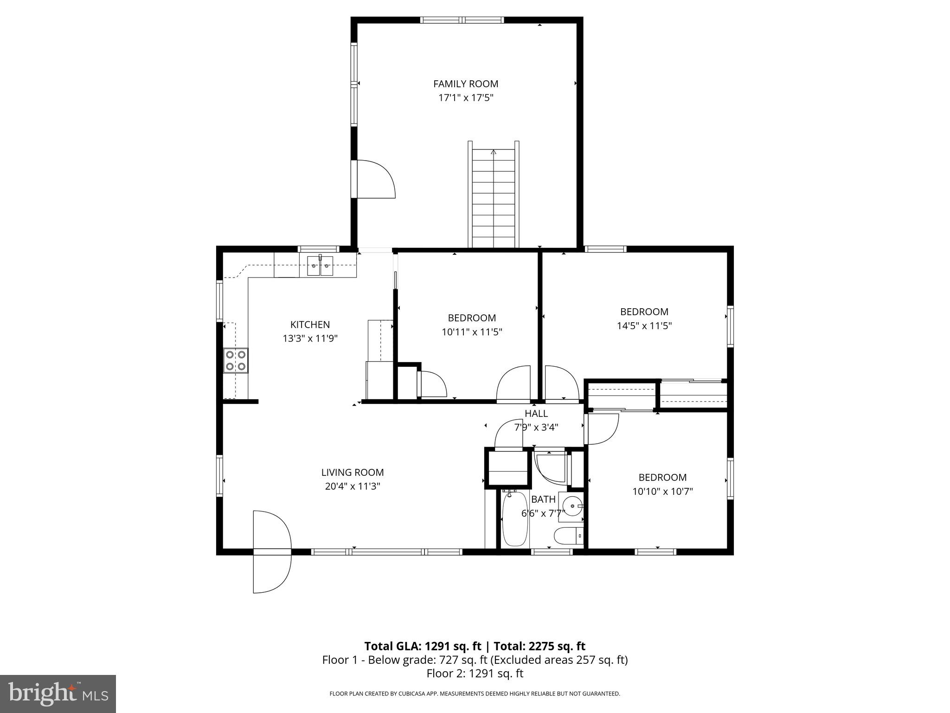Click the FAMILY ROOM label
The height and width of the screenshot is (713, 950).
coord(466,84)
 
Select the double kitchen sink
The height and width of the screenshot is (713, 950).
coord(320,266)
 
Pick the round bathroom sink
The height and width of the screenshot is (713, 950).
coord(573,506)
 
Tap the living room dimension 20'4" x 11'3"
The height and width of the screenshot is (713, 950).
coord(353,486)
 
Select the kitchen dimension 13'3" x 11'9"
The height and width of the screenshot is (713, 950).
coord(310,339)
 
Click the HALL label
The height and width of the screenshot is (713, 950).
coord(536,414)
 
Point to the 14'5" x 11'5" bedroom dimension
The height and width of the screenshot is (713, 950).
coord(644,326)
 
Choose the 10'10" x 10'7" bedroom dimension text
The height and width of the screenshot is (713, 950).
coord(662,492)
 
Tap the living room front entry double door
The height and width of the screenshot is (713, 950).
coord(272,551)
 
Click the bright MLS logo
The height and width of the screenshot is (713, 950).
coord(58,694)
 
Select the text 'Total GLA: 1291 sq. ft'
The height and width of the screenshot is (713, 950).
coord(423,646)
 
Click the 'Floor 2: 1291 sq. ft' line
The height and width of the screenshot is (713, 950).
coord(475,673)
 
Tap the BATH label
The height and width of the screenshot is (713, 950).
coord(543,499)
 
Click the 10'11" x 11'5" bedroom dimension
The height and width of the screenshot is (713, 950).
coord(472,332)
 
